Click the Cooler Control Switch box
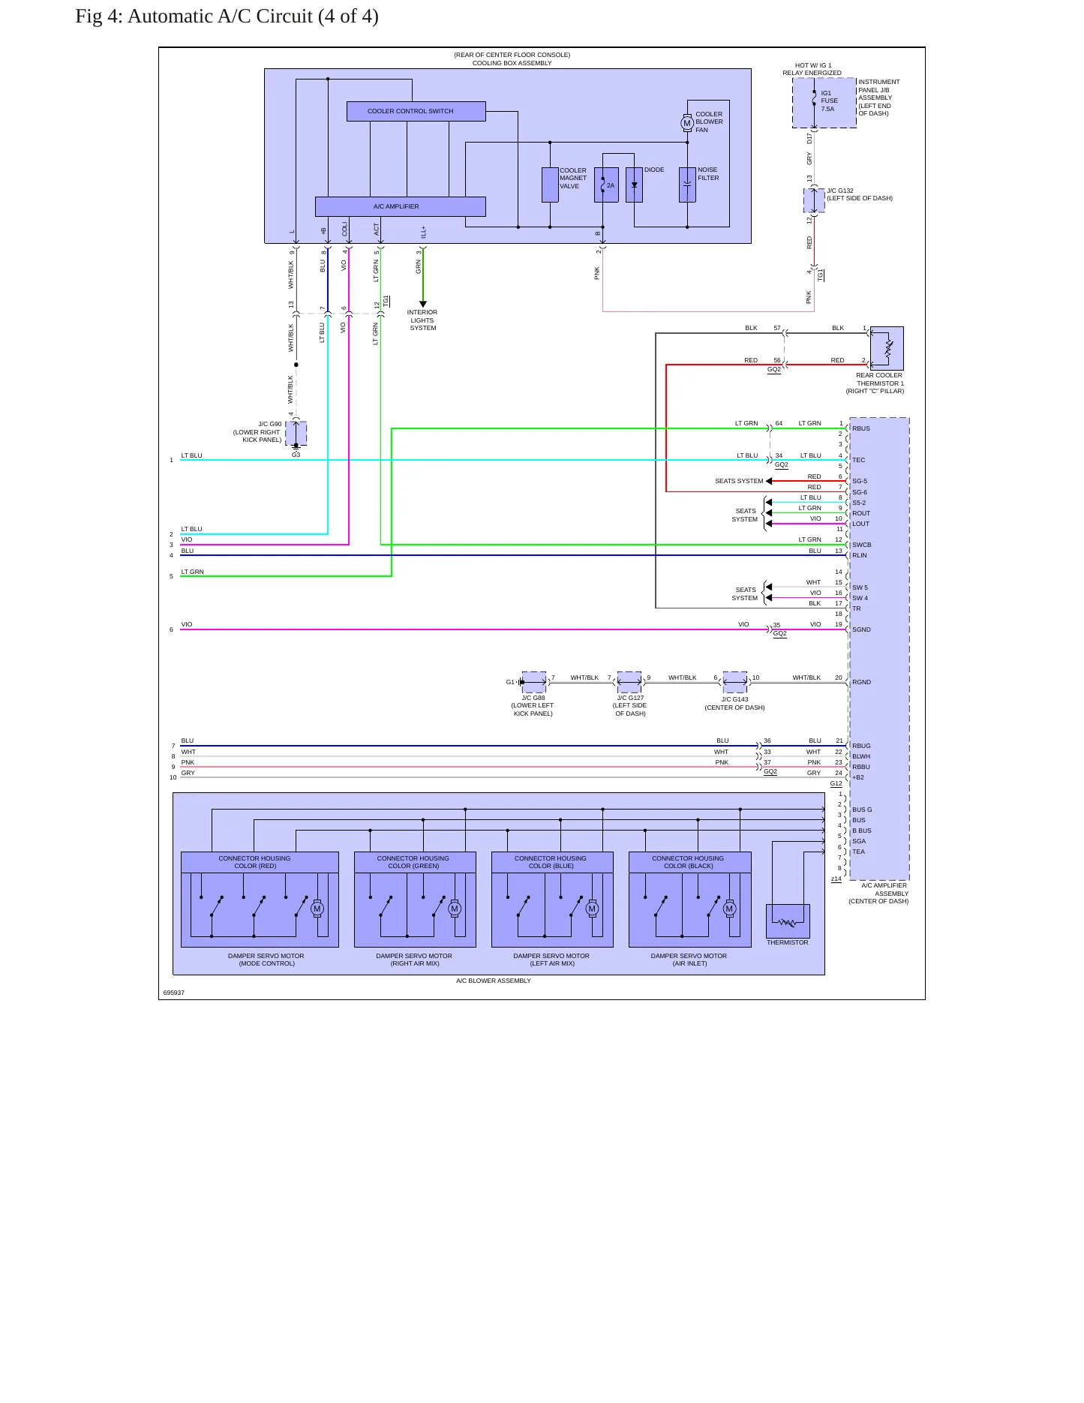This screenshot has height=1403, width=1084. point(416,111)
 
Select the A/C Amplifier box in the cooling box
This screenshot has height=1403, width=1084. point(400,206)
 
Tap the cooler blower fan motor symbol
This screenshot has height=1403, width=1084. point(687,123)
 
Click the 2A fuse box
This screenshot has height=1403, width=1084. point(606,185)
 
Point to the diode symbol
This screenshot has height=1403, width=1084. point(635,185)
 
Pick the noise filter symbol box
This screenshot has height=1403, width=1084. point(687,185)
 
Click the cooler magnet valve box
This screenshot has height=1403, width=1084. point(550,185)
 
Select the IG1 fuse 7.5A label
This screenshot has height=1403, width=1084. point(829,101)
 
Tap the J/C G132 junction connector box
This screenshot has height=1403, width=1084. point(814,200)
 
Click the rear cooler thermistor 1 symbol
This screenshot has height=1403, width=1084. point(887,348)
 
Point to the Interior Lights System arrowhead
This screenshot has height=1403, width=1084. point(423,304)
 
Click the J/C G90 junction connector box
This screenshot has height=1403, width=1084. point(296,433)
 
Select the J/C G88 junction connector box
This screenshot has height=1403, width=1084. point(533,682)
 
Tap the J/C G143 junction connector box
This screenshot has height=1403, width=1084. point(734,682)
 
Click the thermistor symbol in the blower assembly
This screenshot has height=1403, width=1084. point(788,921)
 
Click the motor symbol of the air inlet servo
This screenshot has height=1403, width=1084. point(729,909)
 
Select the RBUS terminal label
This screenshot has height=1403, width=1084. point(861,428)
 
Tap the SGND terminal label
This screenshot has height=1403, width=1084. point(861,629)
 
